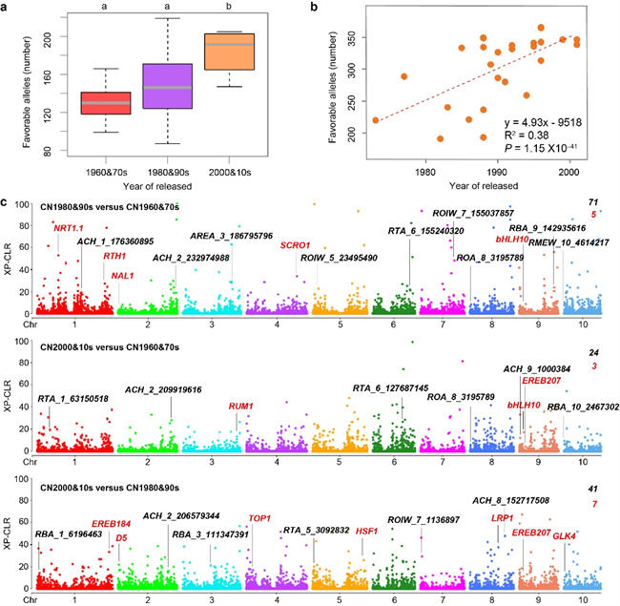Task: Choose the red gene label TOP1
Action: click(x=260, y=518)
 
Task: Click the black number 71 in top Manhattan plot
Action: click(x=592, y=202)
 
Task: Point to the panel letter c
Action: click(x=9, y=203)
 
